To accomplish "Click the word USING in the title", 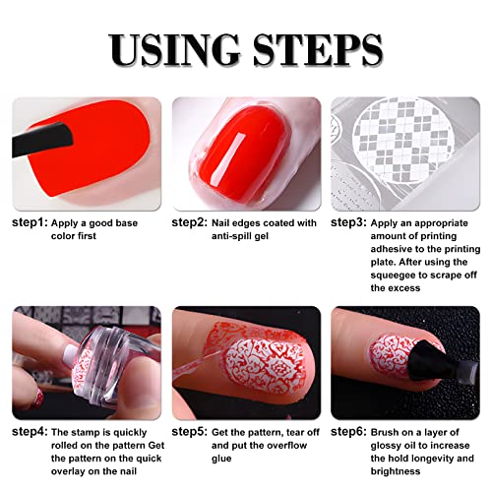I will [x=174, y=48].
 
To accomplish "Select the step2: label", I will [x=192, y=223].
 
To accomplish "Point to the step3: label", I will [x=350, y=223].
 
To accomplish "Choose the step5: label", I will [x=192, y=432].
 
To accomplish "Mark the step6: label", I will [x=350, y=432].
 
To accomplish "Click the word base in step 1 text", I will [x=134, y=223].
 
